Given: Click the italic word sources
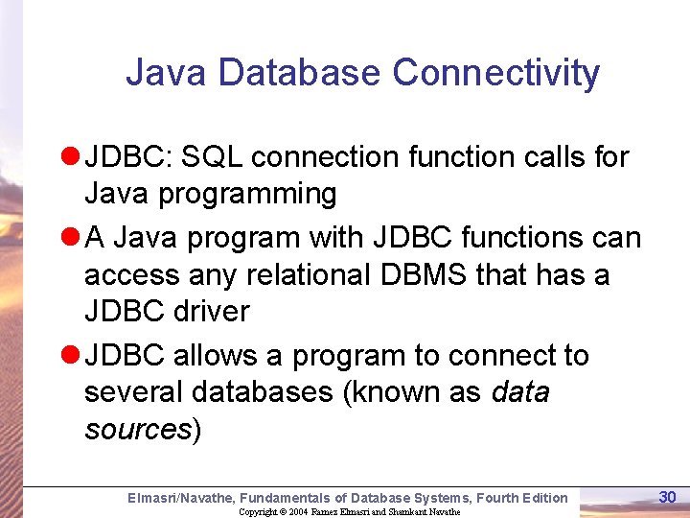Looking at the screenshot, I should (137, 429).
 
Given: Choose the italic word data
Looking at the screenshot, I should (519, 393).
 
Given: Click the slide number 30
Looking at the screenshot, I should (668, 496).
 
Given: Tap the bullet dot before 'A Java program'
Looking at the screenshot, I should (70, 237).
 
